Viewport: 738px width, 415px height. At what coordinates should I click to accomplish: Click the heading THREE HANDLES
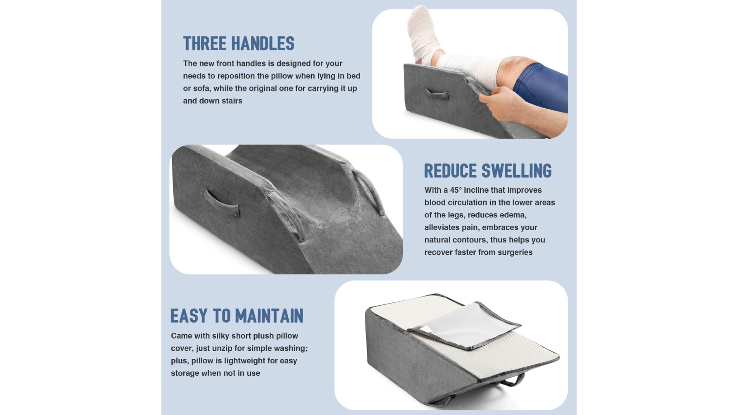pyautogui.click(x=239, y=43)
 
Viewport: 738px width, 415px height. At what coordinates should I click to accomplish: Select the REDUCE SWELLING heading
pyautogui.click(x=488, y=171)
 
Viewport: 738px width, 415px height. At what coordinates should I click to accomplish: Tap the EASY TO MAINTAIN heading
pyautogui.click(x=237, y=316)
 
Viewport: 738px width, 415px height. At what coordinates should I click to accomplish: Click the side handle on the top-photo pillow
pyautogui.click(x=436, y=94)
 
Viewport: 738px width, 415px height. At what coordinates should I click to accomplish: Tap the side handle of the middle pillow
pyautogui.click(x=221, y=203)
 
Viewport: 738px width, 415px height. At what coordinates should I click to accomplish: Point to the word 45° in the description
pyautogui.click(x=456, y=190)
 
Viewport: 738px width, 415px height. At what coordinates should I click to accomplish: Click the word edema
pyautogui.click(x=513, y=215)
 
